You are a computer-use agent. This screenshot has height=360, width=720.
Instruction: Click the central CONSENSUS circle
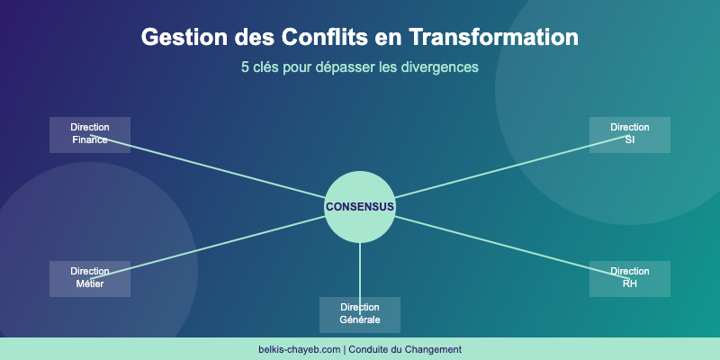click(x=360, y=207)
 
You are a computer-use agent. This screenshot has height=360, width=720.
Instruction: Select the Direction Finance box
click(x=90, y=134)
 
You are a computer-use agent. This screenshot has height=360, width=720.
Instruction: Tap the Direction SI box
click(x=630, y=134)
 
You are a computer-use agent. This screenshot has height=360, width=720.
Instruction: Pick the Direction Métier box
click(x=90, y=278)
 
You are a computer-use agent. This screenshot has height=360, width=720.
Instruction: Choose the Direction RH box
click(x=630, y=278)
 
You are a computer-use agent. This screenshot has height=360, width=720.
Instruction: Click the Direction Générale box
click(x=360, y=314)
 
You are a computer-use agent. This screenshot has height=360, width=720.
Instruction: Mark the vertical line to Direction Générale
click(x=360, y=270)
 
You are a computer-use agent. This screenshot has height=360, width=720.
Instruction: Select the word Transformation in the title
click(x=493, y=38)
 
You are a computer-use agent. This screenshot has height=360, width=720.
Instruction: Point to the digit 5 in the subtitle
click(x=245, y=67)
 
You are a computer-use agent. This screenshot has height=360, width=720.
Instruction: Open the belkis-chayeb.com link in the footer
click(x=299, y=349)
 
